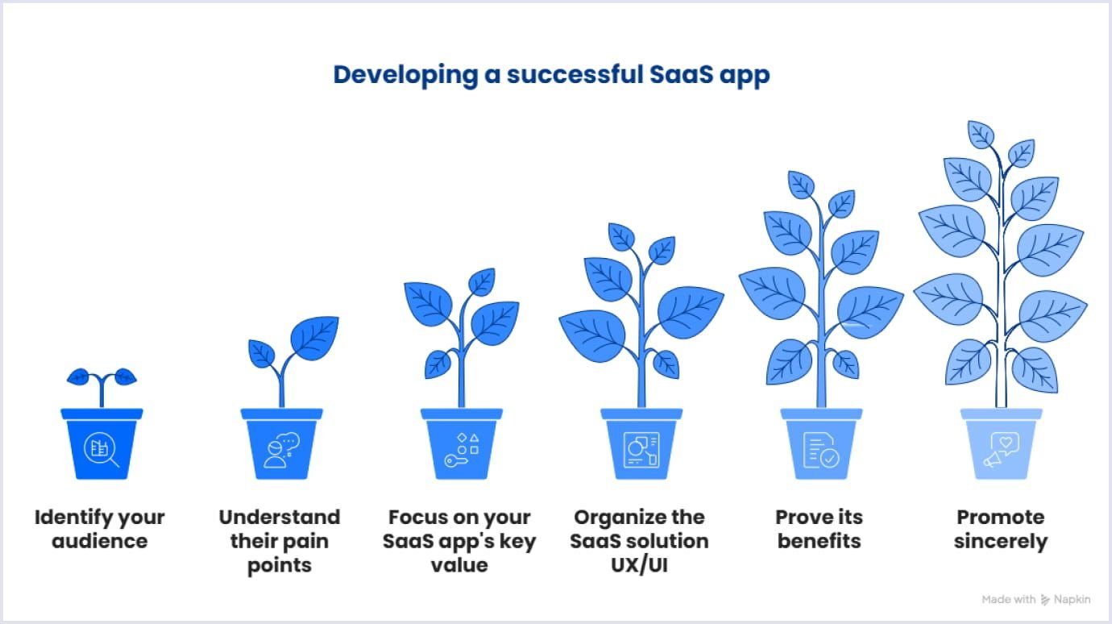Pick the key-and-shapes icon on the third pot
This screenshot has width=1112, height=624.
pos(462,450)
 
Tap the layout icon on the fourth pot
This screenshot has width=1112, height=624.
pos(641,450)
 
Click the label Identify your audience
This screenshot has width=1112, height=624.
pos(100,529)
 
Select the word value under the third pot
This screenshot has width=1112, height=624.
pos(459,564)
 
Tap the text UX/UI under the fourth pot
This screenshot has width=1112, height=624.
pos(639,564)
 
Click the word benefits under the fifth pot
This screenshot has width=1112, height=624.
pos(819,541)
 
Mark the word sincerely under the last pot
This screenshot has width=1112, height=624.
pos(1000,541)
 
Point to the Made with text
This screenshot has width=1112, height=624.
pos(1009,599)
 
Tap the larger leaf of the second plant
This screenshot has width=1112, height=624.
pos(314,337)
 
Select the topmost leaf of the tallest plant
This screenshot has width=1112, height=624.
pos(981,134)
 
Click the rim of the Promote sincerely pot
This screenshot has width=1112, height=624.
pos(1001,414)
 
